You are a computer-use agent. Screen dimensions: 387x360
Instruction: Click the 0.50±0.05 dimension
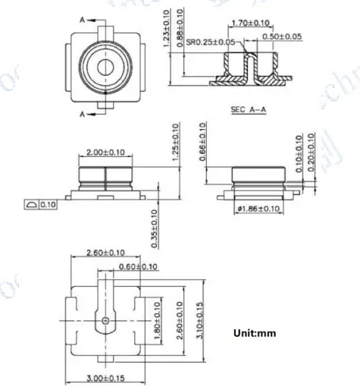pyautogui.click(x=281, y=36)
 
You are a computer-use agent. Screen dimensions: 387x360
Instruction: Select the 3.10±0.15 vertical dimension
pyautogui.click(x=199, y=322)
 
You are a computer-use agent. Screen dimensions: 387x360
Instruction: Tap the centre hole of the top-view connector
pyautogui.click(x=104, y=67)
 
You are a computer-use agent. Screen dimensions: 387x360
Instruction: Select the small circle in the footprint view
pyautogui.click(x=105, y=322)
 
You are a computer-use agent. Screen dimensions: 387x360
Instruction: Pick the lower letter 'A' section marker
pyautogui.click(x=83, y=115)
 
